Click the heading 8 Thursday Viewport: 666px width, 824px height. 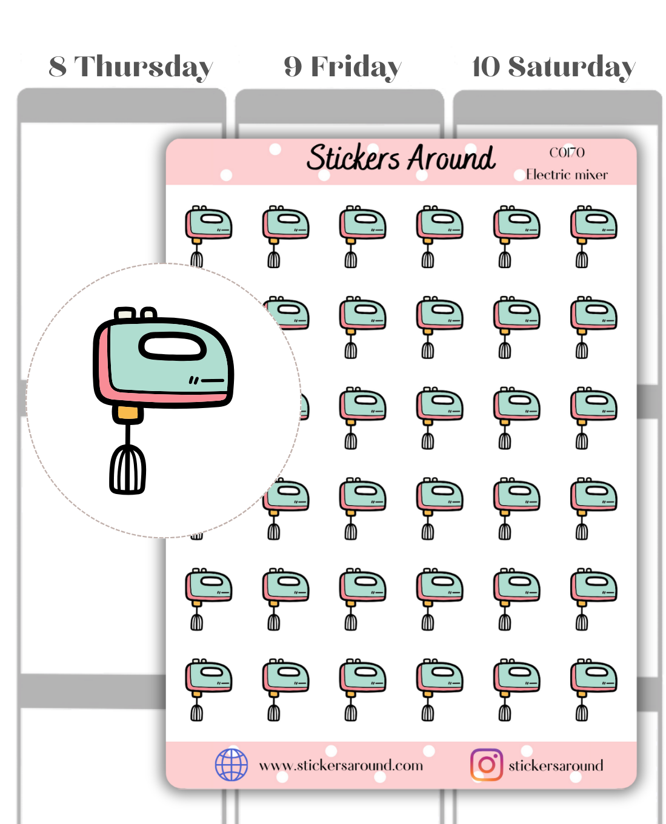coord(130,67)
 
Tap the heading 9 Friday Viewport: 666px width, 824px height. coord(342,67)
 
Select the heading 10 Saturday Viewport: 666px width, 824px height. coord(553,67)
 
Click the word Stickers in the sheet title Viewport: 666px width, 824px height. coord(353,158)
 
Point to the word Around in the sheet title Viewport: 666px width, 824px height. coord(451,159)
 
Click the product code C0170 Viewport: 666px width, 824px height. coord(567,153)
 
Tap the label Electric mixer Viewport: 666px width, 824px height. coord(567,175)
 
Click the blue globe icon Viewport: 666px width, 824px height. coord(231,765)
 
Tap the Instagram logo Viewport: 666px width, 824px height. coord(486,765)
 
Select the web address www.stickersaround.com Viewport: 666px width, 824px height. coord(341,766)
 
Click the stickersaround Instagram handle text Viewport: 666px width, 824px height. coord(556,766)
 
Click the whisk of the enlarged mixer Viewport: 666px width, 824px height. coord(127,469)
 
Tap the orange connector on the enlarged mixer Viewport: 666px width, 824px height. coord(128,414)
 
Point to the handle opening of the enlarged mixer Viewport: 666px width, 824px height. coord(171,347)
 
